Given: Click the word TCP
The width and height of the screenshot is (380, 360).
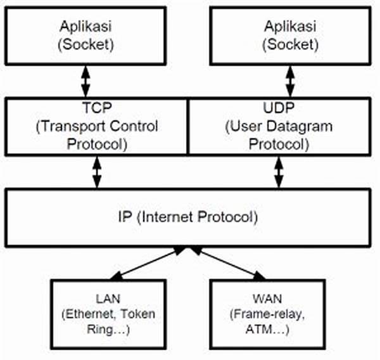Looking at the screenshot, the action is pyautogui.click(x=97, y=108).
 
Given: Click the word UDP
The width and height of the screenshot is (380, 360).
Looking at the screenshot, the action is pyautogui.click(x=279, y=108).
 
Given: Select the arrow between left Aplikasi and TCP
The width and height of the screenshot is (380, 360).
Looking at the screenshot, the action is pyautogui.click(x=85, y=81).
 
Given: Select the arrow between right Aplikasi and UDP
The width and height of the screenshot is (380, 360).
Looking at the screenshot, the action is pyautogui.click(x=290, y=81).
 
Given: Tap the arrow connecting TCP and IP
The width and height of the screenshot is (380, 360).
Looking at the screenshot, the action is pyautogui.click(x=97, y=172).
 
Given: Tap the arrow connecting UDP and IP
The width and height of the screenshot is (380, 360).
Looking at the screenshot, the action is pyautogui.click(x=279, y=172).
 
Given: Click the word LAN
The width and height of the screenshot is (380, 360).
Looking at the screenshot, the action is pyautogui.click(x=108, y=299).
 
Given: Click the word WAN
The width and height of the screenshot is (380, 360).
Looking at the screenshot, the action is pyautogui.click(x=267, y=299).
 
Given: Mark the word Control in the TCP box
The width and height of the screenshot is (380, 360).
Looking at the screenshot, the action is pyautogui.click(x=134, y=126).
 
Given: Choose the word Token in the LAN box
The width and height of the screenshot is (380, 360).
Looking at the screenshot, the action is pyautogui.click(x=137, y=314).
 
